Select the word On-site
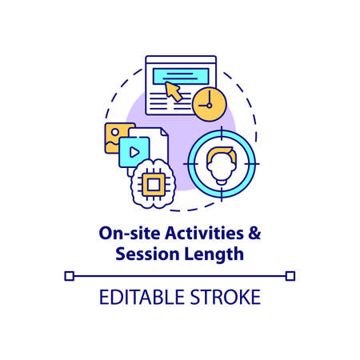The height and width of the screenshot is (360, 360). (x=122, y=233)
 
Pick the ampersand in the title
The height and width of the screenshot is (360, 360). (x=251, y=233)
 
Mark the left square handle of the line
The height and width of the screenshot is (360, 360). (x=69, y=276)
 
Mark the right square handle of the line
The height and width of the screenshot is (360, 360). (x=290, y=276)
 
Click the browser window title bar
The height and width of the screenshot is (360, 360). (x=181, y=60)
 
